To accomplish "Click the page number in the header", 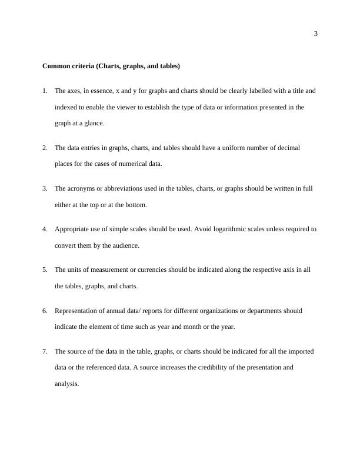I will pos(316,34).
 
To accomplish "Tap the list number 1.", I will pos(45,91).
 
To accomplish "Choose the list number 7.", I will pos(45,351).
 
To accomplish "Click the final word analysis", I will pos(66,384).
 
